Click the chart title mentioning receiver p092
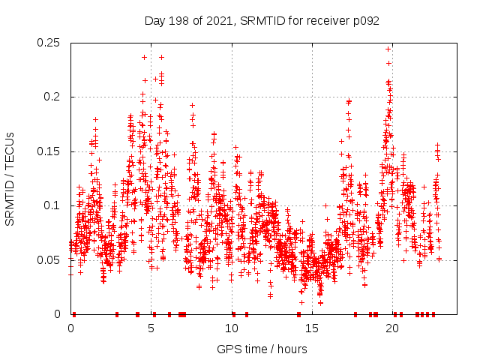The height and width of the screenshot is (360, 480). (x=262, y=21)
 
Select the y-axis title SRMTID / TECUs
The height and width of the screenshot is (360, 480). (x=10, y=178)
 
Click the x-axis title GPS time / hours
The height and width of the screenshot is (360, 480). (x=262, y=349)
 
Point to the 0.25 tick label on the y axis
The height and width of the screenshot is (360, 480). (x=51, y=43)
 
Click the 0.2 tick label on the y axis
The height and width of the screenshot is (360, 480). (x=55, y=97)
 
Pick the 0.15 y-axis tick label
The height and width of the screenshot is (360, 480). (x=51, y=151)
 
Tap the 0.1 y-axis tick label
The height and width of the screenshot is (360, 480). (x=55, y=205)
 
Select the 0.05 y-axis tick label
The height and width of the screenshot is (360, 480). (x=51, y=260)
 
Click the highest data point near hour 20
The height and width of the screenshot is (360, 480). (x=388, y=49)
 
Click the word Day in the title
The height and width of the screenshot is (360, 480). (x=155, y=21)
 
